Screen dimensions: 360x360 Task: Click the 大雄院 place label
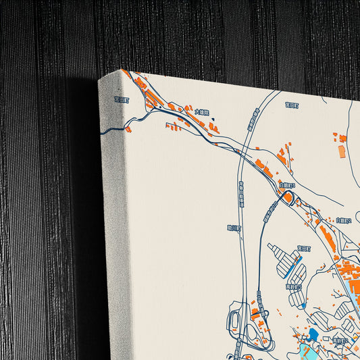coord(201,111)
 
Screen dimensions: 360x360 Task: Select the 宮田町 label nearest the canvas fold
coord(121,99)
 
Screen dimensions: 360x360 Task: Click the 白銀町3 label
coord(286,184)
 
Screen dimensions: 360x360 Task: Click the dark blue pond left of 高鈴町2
coord(314,334)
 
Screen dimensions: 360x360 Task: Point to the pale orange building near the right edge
coord(342,151)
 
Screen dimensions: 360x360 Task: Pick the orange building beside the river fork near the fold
coord(128,129)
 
